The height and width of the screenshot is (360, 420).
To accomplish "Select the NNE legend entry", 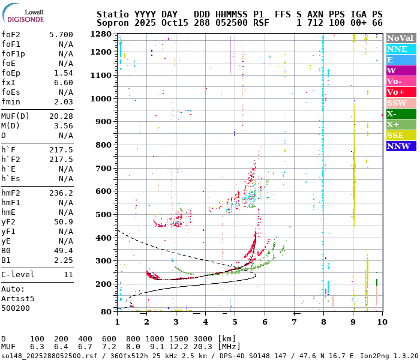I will pyautogui.click(x=397, y=49).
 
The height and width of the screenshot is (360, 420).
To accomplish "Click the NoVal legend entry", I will pyautogui.click(x=400, y=38).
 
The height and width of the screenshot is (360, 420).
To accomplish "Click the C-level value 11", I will pyautogui.click(x=68, y=275).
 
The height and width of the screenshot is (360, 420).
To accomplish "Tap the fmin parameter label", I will pyautogui.click(x=11, y=102).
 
